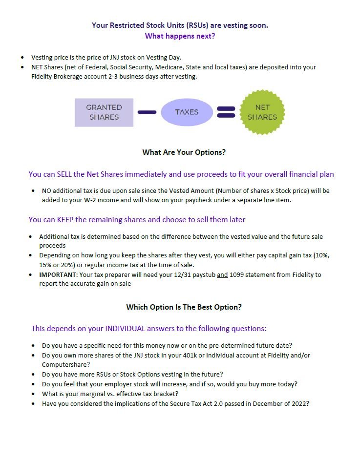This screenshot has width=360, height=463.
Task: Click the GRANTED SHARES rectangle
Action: pyautogui.click(x=104, y=112)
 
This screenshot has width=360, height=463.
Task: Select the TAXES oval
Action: pyautogui.click(x=187, y=112)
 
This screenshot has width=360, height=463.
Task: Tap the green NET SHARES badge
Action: pyautogui.click(x=262, y=112)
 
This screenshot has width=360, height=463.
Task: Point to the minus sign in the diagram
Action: pyautogui.click(x=147, y=112)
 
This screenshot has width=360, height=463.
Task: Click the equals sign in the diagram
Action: pyautogui.click(x=226, y=112)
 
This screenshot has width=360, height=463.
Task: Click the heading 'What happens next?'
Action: pyautogui.click(x=180, y=36)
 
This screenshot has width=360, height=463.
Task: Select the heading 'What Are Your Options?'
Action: pyautogui.click(x=184, y=152)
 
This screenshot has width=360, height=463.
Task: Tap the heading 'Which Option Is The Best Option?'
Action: pyautogui.click(x=184, y=307)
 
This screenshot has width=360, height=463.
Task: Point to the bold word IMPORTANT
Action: pyautogui.click(x=58, y=274)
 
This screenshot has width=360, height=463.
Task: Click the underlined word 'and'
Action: pyautogui.click(x=222, y=274)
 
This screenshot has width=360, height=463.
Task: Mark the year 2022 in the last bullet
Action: pyautogui.click(x=299, y=404)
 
